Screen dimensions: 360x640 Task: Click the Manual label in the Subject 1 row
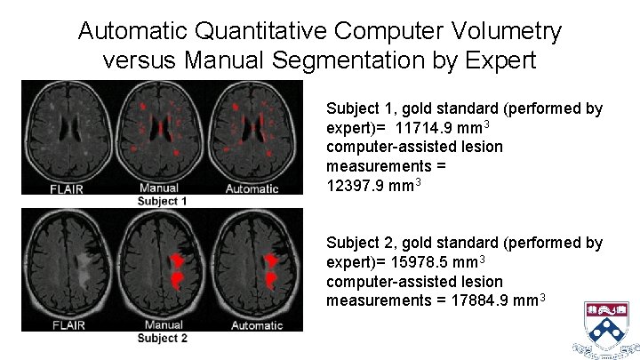(x=159, y=188)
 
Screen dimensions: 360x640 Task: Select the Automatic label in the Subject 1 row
(x=252, y=188)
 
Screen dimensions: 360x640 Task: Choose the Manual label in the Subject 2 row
(x=163, y=324)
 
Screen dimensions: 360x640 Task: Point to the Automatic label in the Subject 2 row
(x=257, y=324)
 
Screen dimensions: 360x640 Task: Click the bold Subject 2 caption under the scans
(x=162, y=338)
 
